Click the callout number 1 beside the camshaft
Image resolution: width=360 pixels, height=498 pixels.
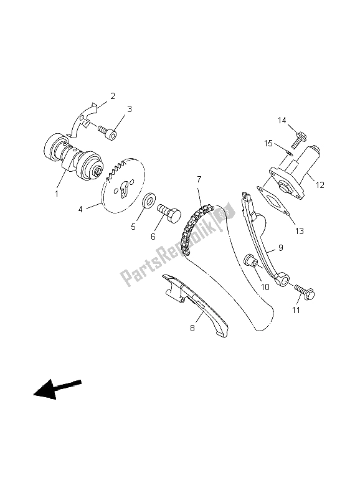click(x=57, y=194)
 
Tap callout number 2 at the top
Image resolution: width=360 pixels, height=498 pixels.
click(x=113, y=96)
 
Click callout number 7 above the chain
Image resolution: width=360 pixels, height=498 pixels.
click(x=199, y=179)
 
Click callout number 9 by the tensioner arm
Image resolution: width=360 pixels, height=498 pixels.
click(x=280, y=247)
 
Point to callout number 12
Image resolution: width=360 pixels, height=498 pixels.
click(x=320, y=184)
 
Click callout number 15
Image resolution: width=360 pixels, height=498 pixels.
click(x=268, y=144)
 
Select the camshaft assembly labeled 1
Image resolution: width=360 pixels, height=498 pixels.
click(x=73, y=157)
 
